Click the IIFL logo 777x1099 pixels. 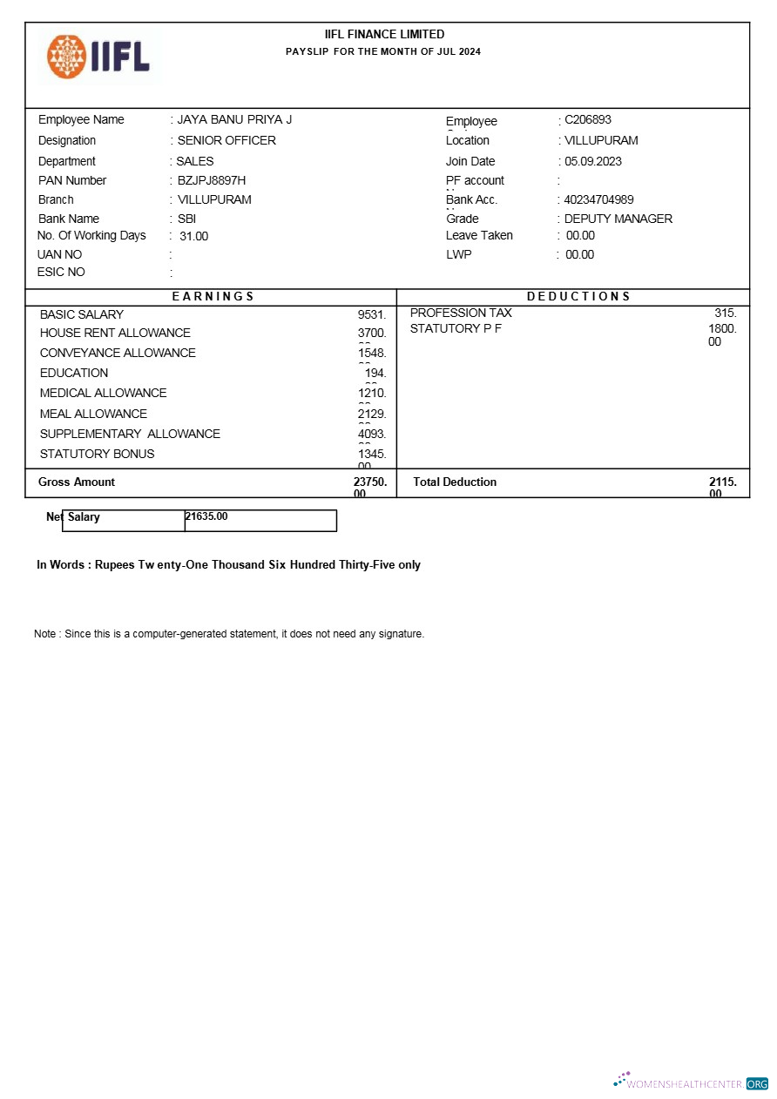point(98,56)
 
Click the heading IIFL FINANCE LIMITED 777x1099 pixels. point(384,34)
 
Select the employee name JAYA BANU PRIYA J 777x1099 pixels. point(234,119)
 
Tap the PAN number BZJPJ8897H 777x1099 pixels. point(212,180)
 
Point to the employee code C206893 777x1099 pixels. point(588,119)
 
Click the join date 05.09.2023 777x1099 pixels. point(593,161)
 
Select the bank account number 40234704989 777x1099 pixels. point(599,199)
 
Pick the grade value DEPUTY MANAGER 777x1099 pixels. point(618,219)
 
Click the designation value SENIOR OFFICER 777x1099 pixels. point(226,140)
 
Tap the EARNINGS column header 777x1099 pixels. point(213,296)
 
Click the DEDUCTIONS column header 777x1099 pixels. point(578,296)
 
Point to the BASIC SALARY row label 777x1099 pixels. point(82,314)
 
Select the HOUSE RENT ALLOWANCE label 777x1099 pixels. point(115,333)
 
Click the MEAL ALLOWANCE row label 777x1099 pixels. point(93,414)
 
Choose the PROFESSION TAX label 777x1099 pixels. point(461,313)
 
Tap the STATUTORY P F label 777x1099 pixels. point(456,328)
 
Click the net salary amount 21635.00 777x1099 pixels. point(207,516)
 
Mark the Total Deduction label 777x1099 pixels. point(455,482)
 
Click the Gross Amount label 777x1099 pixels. point(77,482)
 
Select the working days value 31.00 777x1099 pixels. point(194,236)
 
